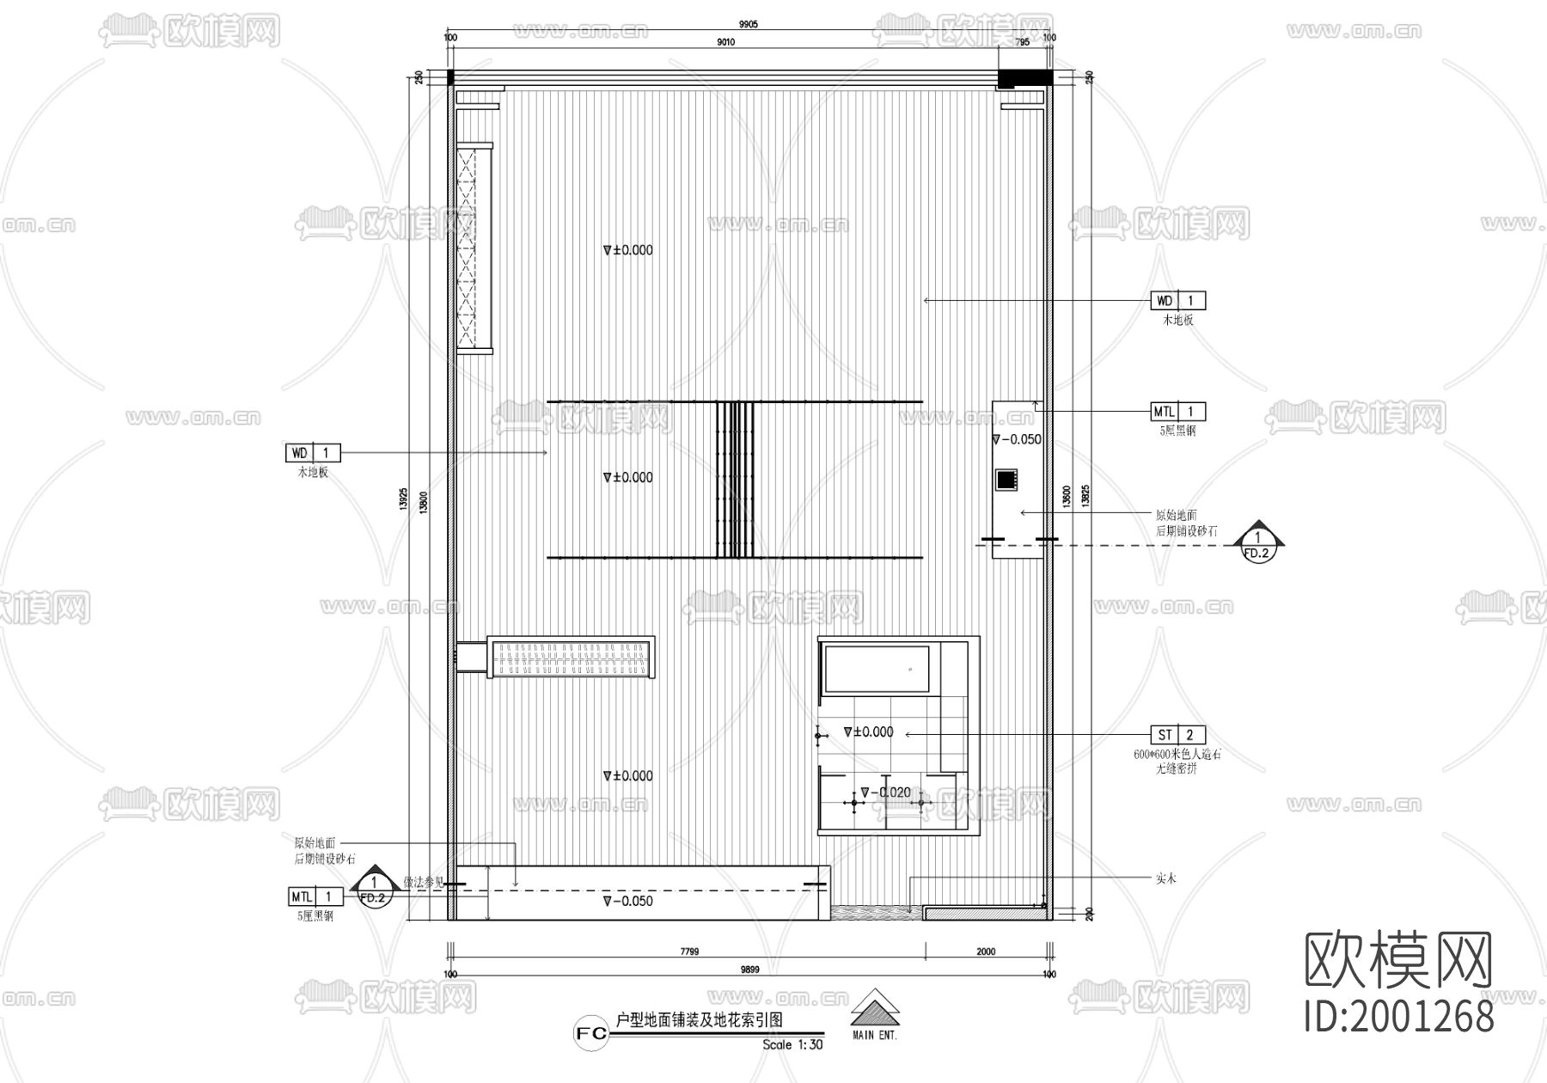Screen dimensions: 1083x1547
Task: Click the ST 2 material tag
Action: coord(1177,735)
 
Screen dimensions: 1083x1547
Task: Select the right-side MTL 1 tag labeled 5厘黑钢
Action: coord(1177,412)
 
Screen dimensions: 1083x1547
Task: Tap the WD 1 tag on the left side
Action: coord(313,452)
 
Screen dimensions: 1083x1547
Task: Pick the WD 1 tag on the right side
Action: coord(1177,301)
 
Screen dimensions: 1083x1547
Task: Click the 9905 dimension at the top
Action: coord(749,25)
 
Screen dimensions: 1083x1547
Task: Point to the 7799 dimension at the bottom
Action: coord(689,951)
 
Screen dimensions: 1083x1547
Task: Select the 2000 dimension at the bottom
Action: coord(986,951)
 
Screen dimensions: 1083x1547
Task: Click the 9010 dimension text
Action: coord(725,42)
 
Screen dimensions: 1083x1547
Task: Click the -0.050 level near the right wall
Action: coord(1017,439)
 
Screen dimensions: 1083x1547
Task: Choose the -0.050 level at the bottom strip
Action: coord(628,902)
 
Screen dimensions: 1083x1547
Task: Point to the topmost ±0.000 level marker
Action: coord(628,250)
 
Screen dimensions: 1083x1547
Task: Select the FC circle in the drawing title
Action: coord(592,1034)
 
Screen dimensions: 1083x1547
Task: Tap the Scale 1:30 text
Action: coord(792,1045)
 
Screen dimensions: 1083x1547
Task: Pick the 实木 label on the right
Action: coord(1165,878)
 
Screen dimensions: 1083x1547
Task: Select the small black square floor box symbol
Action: coord(1006,479)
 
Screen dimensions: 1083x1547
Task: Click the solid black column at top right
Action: coord(1024,77)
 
